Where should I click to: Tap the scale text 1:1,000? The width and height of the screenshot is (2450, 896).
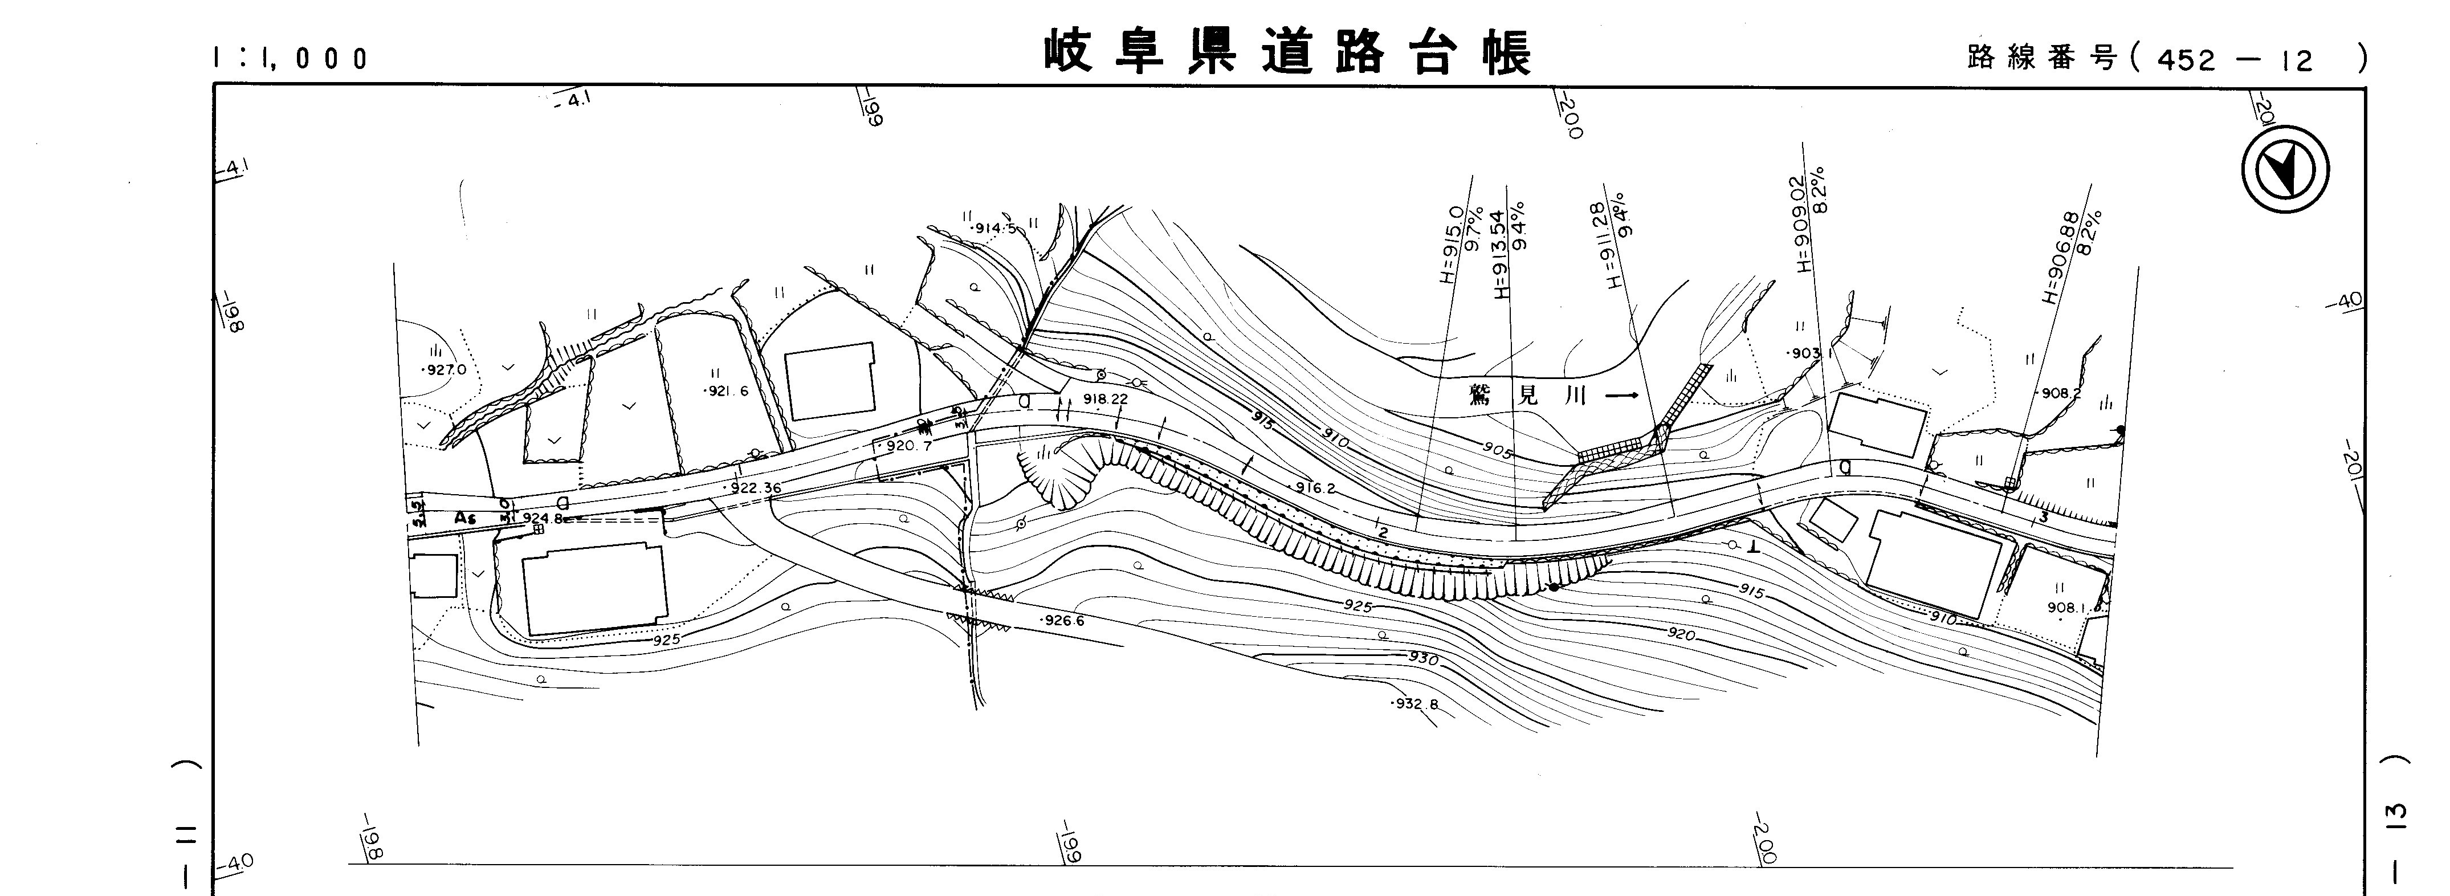pyautogui.click(x=290, y=59)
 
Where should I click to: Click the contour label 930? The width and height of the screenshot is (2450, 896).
pyautogui.click(x=1423, y=659)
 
